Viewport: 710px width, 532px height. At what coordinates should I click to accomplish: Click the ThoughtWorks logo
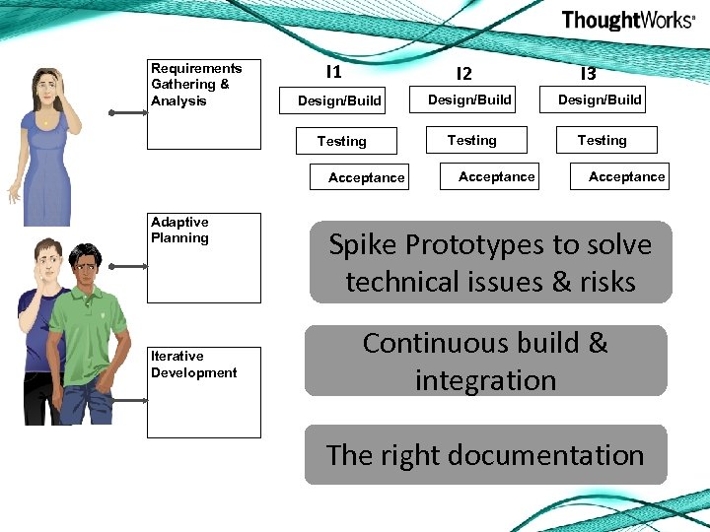tap(627, 21)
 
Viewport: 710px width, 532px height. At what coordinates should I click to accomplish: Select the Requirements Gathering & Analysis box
tap(204, 104)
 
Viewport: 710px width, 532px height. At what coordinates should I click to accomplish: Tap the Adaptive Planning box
tap(204, 258)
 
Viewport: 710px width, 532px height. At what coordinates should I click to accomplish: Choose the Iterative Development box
tap(204, 392)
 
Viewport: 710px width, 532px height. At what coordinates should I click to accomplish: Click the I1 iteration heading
tap(333, 72)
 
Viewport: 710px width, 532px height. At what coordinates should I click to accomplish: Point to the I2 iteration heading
tap(463, 74)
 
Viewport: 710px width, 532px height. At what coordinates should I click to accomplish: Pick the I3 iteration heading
tap(588, 74)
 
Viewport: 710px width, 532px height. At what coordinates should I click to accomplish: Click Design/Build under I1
tap(339, 100)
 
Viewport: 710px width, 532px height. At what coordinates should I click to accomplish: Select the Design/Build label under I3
tap(600, 100)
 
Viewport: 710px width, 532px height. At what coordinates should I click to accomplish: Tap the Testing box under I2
tap(472, 140)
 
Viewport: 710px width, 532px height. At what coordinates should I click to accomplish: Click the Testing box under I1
tap(342, 141)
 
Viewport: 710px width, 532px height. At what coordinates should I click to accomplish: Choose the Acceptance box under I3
tap(620, 176)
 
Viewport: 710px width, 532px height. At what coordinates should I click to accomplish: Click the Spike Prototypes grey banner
tap(490, 262)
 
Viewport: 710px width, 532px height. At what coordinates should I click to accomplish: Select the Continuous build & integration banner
tap(485, 361)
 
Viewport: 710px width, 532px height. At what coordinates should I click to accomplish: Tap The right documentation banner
tap(485, 455)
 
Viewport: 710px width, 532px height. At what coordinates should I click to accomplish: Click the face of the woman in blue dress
tap(45, 92)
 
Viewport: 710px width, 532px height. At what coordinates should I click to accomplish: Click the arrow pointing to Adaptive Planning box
tap(127, 265)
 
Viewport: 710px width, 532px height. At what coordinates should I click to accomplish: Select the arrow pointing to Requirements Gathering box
tap(127, 113)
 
